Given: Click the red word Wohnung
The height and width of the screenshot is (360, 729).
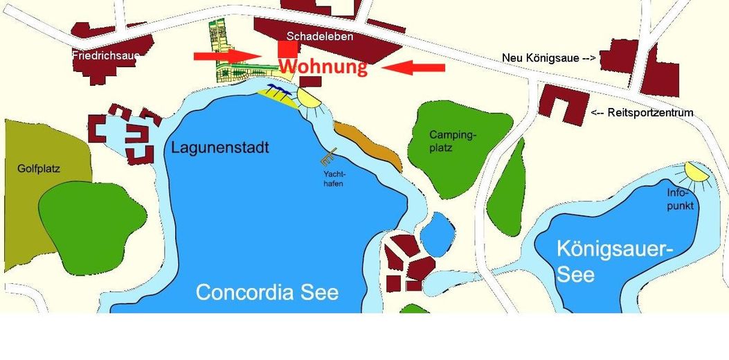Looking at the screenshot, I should [x=323, y=67].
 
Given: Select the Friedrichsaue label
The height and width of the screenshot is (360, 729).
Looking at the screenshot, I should [x=105, y=55].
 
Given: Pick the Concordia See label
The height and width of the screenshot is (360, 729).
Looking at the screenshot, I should [x=267, y=291].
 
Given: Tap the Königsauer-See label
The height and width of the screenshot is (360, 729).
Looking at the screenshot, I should [x=605, y=260].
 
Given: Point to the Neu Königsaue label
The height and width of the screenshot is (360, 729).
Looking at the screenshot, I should [x=549, y=59].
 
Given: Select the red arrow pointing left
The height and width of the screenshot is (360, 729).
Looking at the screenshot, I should [x=414, y=67].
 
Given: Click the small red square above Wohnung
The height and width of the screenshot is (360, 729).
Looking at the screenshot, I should [x=288, y=49].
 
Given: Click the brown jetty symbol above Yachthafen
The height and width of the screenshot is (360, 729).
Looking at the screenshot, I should [x=330, y=155].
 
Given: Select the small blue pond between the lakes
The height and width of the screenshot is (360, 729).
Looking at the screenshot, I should [x=437, y=233].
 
